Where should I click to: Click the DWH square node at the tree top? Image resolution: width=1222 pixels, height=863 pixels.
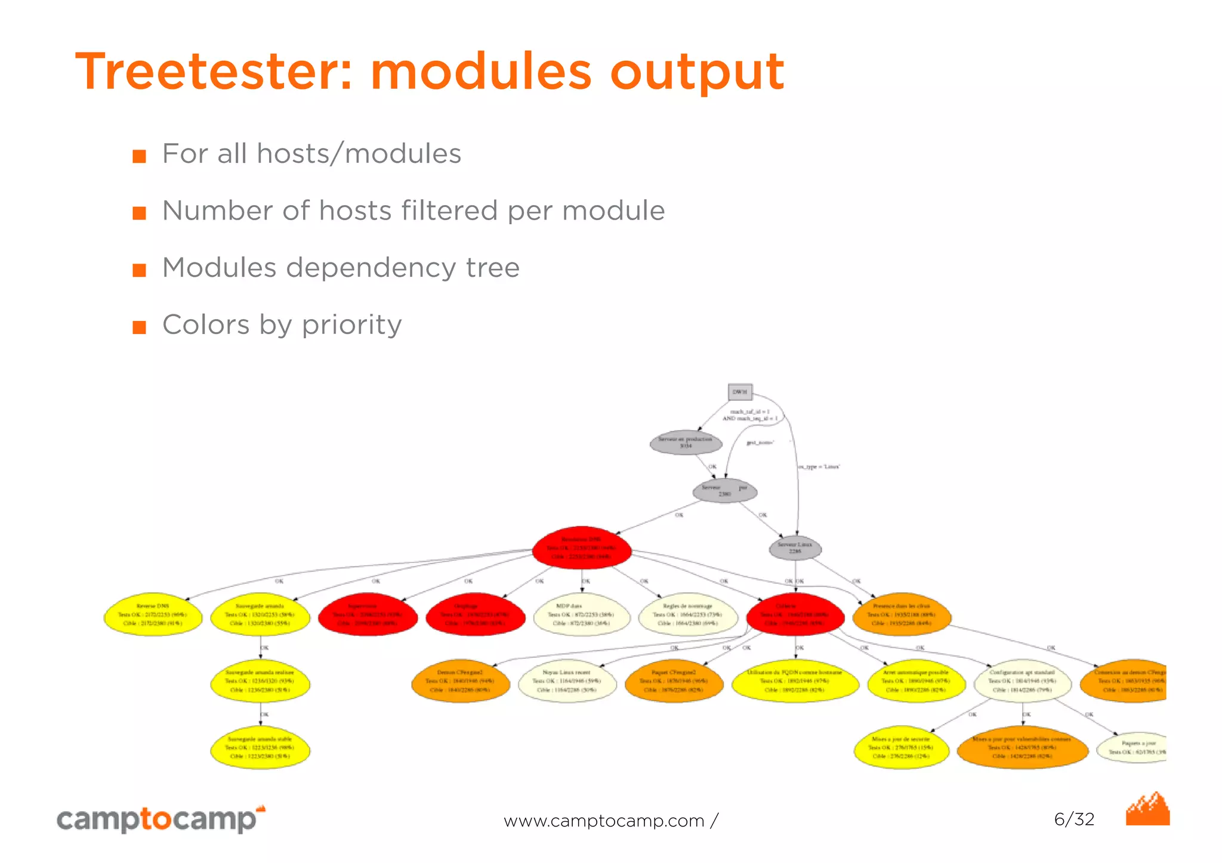(x=740, y=392)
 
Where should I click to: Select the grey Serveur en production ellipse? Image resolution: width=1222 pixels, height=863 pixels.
(x=686, y=443)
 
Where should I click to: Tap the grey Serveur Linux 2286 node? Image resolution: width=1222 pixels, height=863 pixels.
(x=795, y=548)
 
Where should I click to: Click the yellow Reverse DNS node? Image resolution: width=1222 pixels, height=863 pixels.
(x=153, y=614)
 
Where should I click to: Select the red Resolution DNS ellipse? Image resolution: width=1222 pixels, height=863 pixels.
(x=582, y=548)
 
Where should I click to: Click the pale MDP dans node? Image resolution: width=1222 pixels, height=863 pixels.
(x=582, y=614)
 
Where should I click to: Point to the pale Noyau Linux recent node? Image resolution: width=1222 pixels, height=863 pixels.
(x=567, y=681)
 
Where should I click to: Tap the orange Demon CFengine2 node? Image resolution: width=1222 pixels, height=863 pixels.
(x=461, y=681)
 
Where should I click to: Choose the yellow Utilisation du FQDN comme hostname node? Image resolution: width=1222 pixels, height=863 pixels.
(x=795, y=681)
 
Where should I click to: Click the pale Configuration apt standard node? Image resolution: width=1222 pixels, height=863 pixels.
(x=1022, y=681)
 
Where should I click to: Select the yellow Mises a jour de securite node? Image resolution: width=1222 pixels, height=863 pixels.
(x=901, y=748)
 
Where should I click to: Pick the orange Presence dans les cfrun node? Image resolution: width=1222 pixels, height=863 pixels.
(x=901, y=614)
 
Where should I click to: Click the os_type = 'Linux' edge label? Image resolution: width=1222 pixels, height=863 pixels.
(x=819, y=466)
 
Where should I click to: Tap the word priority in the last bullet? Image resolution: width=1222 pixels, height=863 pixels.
(x=351, y=326)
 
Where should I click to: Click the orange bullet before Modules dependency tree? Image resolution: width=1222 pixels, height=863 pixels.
(x=139, y=270)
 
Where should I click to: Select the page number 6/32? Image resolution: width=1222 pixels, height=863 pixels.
(x=1074, y=819)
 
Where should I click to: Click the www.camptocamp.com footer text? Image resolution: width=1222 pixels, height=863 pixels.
(x=604, y=821)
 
